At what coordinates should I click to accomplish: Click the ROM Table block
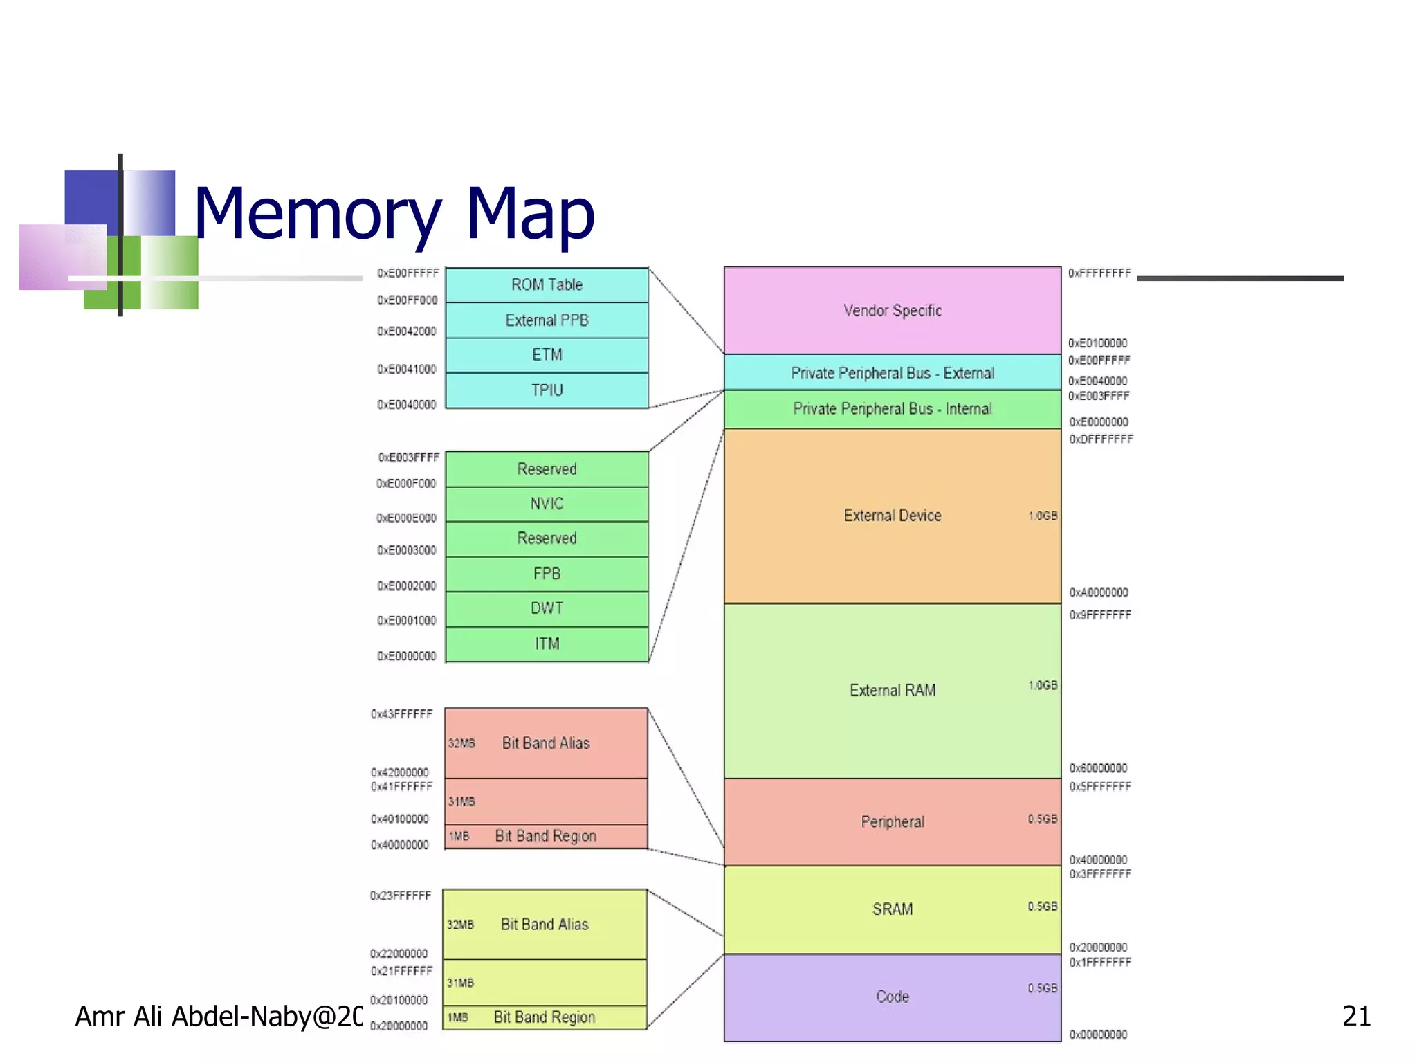(547, 284)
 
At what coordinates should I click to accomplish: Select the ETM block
(547, 355)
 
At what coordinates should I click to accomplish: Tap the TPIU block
(547, 390)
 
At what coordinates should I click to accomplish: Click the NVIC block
(547, 504)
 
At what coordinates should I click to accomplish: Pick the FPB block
(547, 574)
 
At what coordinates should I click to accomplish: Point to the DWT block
(547, 608)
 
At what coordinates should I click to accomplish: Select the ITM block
(547, 644)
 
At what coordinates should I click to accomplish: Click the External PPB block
(547, 320)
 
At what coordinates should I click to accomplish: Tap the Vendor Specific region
(893, 311)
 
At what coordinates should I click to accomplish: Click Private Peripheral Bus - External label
(893, 373)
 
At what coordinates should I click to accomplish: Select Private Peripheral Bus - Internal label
(893, 409)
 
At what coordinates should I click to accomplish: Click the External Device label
(893, 516)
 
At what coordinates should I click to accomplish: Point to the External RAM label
(893, 690)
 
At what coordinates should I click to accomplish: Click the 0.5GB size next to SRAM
(1042, 907)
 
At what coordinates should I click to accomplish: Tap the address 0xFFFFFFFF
(1099, 273)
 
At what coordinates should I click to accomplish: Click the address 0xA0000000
(1099, 592)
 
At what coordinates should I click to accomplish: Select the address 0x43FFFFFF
(401, 714)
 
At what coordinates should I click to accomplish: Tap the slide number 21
(1356, 1016)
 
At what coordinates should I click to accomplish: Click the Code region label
(893, 997)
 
